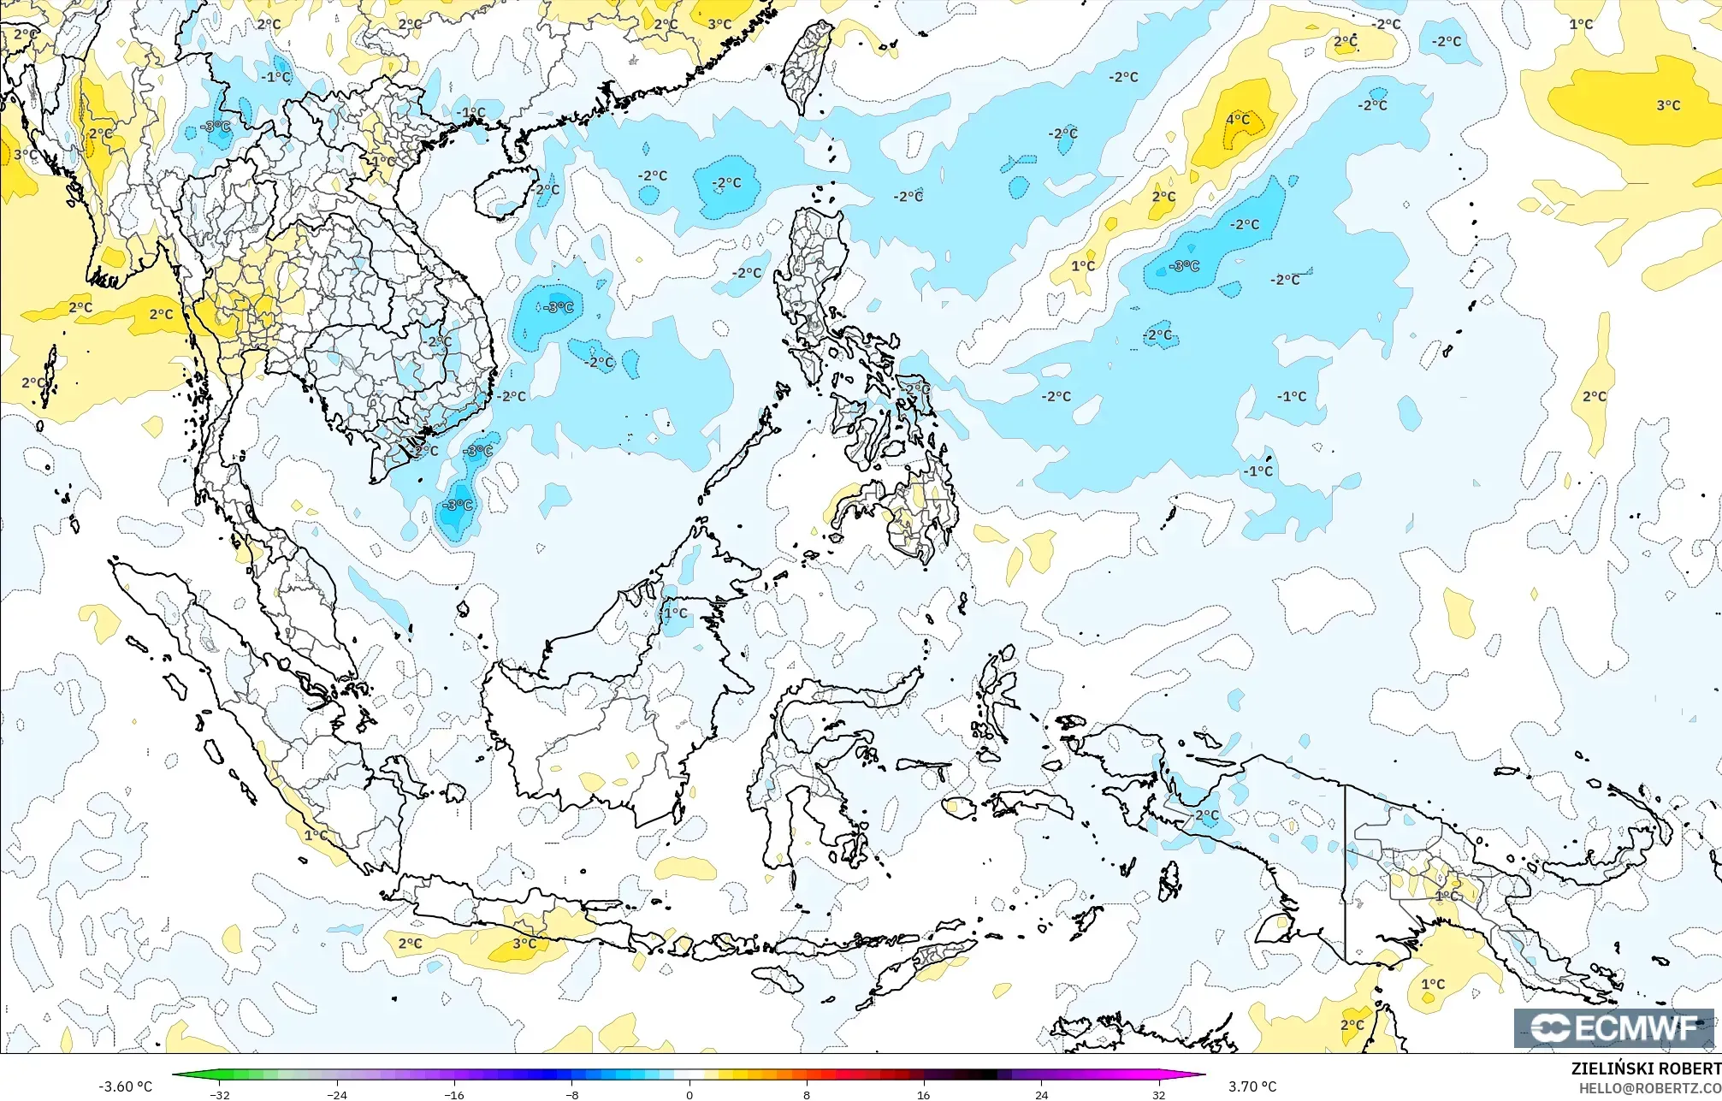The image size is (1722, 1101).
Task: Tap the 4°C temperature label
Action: click(1238, 120)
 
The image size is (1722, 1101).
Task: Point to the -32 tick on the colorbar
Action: click(220, 1094)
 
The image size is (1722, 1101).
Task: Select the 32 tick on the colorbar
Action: click(1158, 1094)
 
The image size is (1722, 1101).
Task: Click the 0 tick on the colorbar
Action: click(689, 1094)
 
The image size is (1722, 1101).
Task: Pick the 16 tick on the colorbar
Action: click(924, 1094)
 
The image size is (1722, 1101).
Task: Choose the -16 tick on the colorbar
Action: click(454, 1094)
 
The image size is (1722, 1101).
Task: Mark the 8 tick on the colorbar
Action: click(807, 1094)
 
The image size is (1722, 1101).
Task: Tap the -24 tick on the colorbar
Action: click(337, 1094)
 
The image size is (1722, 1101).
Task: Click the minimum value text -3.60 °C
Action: click(125, 1086)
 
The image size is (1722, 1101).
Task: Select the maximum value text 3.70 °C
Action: click(1252, 1086)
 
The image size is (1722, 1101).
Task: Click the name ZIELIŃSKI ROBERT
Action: click(1645, 1068)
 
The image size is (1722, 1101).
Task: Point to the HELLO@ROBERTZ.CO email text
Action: click(1649, 1087)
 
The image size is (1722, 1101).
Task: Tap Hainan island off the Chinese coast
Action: click(504, 192)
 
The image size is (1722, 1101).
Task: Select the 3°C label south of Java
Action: click(524, 944)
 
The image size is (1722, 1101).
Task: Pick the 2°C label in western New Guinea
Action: click(1207, 815)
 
